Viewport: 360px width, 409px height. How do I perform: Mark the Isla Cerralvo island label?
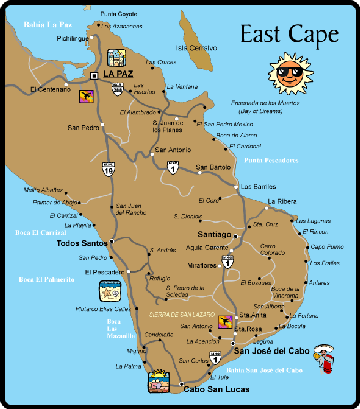[197, 47]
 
